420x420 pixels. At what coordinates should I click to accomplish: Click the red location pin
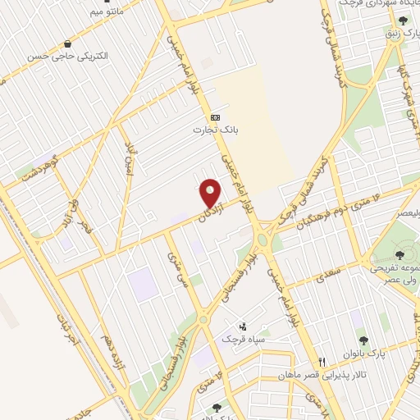pos(212,194)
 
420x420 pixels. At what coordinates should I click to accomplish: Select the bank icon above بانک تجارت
pos(215,117)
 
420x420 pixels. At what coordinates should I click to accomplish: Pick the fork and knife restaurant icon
pos(323,362)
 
